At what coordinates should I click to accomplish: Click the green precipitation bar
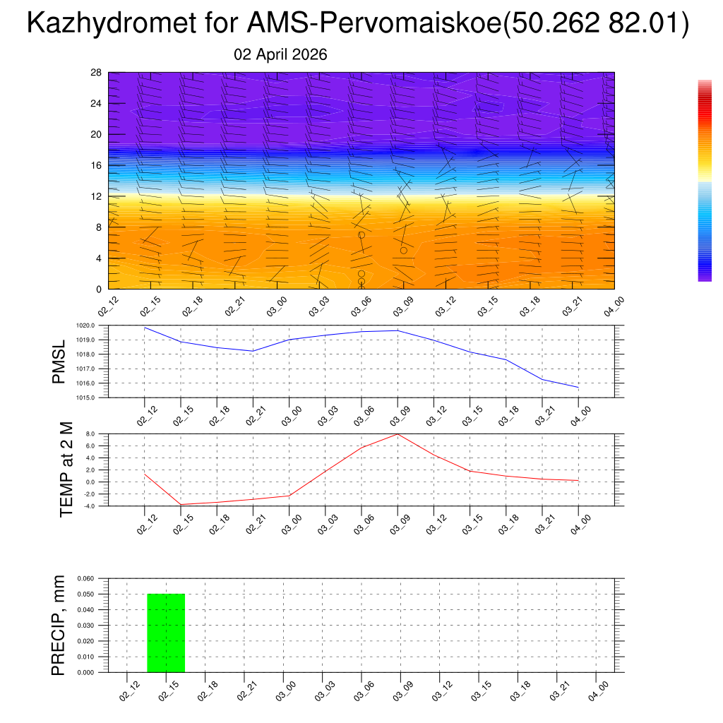coord(166,633)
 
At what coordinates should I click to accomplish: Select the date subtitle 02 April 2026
coord(280,55)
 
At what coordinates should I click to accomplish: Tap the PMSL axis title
coord(59,361)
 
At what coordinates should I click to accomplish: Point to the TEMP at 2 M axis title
coord(66,469)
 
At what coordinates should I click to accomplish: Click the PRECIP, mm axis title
coord(59,625)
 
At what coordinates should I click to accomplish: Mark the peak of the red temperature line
coord(398,434)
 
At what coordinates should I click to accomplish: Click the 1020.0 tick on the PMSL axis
coord(95,325)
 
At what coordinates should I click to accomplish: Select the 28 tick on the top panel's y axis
coord(97,73)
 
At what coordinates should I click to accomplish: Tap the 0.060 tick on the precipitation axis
coord(85,578)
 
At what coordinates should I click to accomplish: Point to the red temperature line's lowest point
coord(181,505)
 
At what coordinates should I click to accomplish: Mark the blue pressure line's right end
coord(578,388)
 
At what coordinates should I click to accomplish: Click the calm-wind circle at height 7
coord(361,235)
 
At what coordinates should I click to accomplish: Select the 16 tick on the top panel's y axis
coord(97,165)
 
